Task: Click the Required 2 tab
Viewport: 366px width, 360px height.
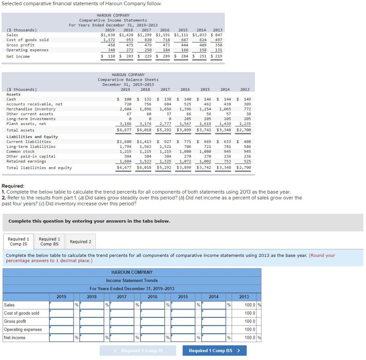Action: tap(80, 241)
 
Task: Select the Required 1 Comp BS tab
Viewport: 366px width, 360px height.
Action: tap(49, 241)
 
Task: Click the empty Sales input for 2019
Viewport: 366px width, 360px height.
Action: tap(61, 305)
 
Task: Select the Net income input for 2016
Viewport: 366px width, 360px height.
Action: tap(153, 337)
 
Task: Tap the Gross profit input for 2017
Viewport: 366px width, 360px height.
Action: tap(122, 321)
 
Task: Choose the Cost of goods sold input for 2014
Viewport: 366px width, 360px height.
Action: tap(214, 313)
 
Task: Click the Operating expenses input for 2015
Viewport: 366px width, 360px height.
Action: tap(183, 329)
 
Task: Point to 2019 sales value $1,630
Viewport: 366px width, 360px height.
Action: tap(108, 35)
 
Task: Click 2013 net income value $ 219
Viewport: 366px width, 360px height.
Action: tap(216, 56)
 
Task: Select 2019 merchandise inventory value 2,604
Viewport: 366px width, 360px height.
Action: tap(125, 109)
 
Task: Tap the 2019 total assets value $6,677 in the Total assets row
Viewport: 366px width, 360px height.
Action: tap(124, 130)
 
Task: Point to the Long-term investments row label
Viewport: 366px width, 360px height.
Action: tap(31, 119)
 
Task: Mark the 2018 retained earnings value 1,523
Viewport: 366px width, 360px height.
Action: tap(145, 161)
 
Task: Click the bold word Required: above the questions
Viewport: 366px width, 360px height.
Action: tap(13, 186)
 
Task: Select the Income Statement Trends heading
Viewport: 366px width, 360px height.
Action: tap(132, 280)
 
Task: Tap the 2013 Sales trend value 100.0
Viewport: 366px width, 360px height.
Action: tap(250, 305)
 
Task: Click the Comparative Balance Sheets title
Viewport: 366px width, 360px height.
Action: tap(128, 80)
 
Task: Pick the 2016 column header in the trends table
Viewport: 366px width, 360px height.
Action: tap(152, 297)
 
